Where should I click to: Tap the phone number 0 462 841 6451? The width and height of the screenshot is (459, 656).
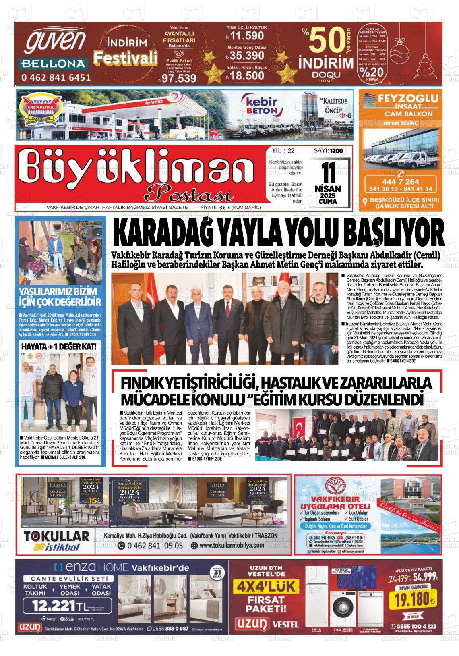(56, 77)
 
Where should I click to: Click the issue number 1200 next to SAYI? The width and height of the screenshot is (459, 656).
(336, 151)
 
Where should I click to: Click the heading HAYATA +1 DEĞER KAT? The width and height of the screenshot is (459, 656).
(59, 346)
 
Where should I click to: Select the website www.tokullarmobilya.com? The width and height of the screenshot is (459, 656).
(232, 545)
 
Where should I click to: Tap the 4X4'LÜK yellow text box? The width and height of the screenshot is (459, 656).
(266, 587)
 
